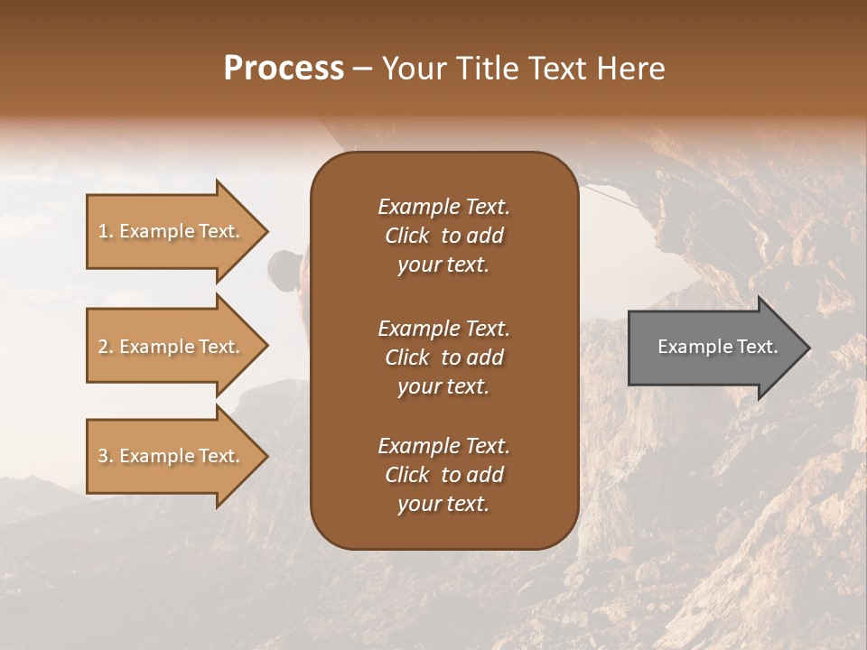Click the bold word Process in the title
pos(284,69)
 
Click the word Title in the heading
pos(484,69)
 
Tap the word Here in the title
pos(631,69)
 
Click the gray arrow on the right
pos(704,347)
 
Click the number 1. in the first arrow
pos(106,231)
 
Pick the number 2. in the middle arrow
pos(106,347)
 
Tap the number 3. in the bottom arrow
pos(106,456)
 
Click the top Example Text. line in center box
pos(443,207)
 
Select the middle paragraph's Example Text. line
pos(443,329)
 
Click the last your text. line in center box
pos(443,504)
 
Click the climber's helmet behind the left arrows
pos(285,265)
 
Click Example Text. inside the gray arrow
pos(718,347)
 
